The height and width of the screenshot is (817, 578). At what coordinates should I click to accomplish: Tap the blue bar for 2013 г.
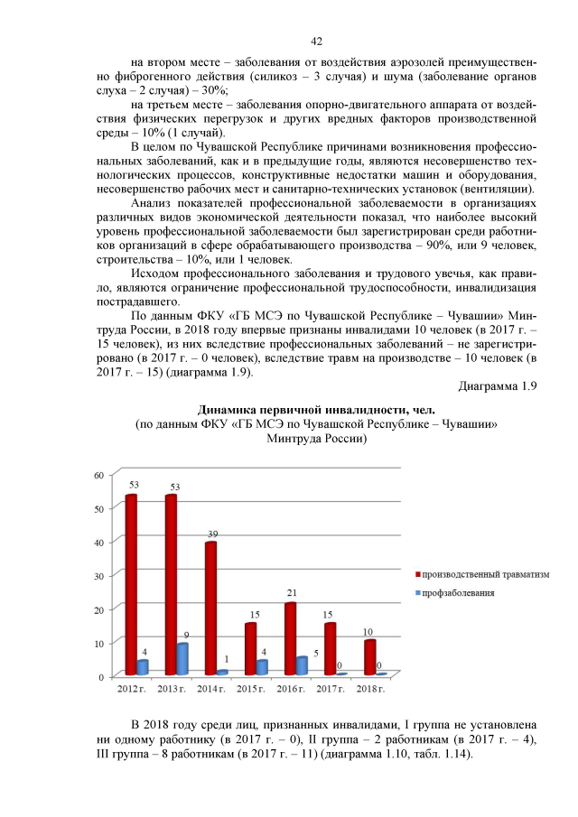[182, 659]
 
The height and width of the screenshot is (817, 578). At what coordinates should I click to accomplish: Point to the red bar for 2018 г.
[369, 657]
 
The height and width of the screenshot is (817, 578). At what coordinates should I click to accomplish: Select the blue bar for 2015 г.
[262, 667]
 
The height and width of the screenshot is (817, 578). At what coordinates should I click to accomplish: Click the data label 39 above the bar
[211, 533]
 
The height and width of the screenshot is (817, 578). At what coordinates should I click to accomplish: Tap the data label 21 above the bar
[292, 593]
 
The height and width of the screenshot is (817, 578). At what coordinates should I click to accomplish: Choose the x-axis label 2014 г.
[210, 690]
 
